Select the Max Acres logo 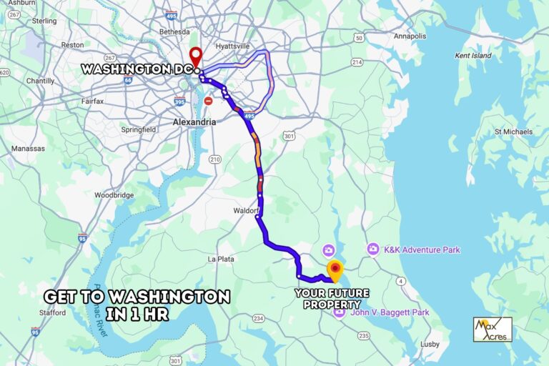(493, 330)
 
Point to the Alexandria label (194, 122)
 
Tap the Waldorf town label (245, 210)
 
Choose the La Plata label (221, 258)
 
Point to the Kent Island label (473, 55)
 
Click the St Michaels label (513, 132)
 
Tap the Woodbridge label (114, 194)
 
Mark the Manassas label (28, 148)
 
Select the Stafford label (52, 312)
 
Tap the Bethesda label (175, 32)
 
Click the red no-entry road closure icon (208, 101)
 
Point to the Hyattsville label (233, 46)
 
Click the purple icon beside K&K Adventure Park (372, 249)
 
